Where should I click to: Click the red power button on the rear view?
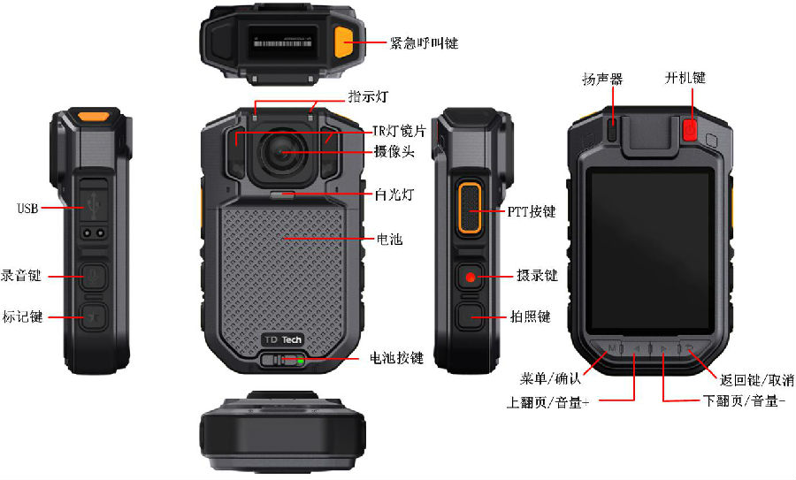click(690, 129)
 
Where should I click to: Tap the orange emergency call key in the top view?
click(344, 42)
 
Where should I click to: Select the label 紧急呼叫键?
click(424, 42)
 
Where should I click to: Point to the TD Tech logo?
click(283, 339)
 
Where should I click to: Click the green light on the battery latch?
click(301, 362)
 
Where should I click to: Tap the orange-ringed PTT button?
click(470, 208)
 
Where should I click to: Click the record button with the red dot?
click(471, 277)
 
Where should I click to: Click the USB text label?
click(27, 208)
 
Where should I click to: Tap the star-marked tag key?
click(95, 317)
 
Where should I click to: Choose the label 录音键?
click(21, 276)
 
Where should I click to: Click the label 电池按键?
click(396, 358)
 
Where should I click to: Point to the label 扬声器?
click(602, 79)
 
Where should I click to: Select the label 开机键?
click(685, 78)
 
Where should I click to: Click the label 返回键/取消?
click(756, 379)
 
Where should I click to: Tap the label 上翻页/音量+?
click(547, 402)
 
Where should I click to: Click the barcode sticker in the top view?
click(282, 42)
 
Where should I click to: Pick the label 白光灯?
click(394, 194)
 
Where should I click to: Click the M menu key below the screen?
click(613, 348)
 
